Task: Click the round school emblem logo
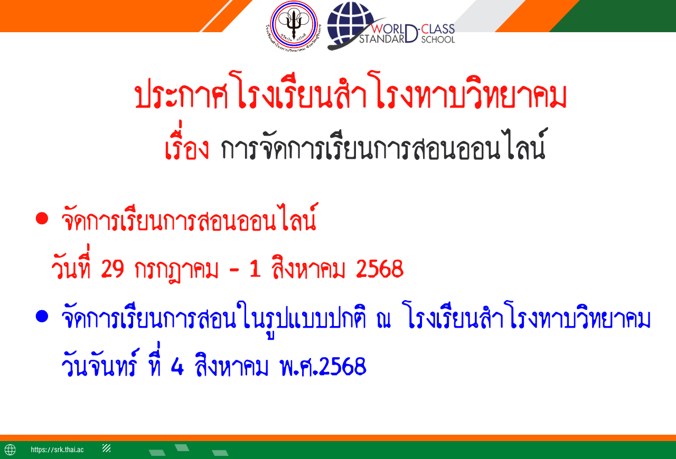[x=294, y=25]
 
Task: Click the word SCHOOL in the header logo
[x=438, y=40]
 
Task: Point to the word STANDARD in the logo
[x=388, y=35]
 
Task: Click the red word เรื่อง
[x=187, y=144]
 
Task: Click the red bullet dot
[x=42, y=218]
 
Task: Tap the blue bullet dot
[x=42, y=317]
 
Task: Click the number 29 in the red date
[x=112, y=269]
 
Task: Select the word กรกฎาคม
[x=176, y=270]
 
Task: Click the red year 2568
[x=380, y=269]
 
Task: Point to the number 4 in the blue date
[x=177, y=367]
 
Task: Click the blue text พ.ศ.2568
[x=323, y=367]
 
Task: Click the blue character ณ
[x=383, y=319]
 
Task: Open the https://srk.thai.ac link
[x=57, y=450]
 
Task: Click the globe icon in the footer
[x=10, y=450]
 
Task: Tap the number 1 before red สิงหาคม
[x=255, y=269]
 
